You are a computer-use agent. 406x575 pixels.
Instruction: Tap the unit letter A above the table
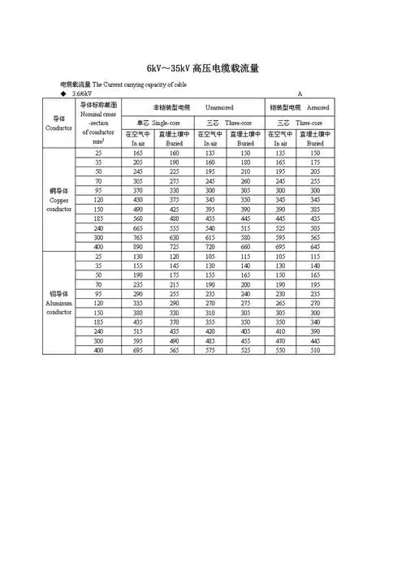[300, 95]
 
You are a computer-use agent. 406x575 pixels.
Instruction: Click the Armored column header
[317, 108]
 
